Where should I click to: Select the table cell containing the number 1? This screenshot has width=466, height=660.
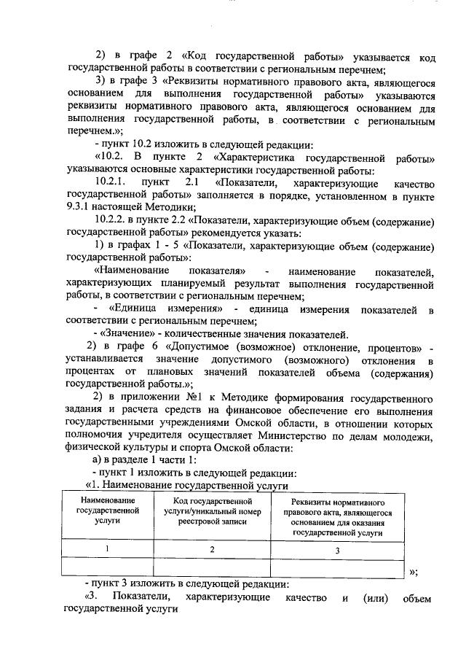coord(107,549)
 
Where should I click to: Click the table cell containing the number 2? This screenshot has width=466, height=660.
coord(212,549)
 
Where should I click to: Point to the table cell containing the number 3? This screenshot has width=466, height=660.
coord(337,550)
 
